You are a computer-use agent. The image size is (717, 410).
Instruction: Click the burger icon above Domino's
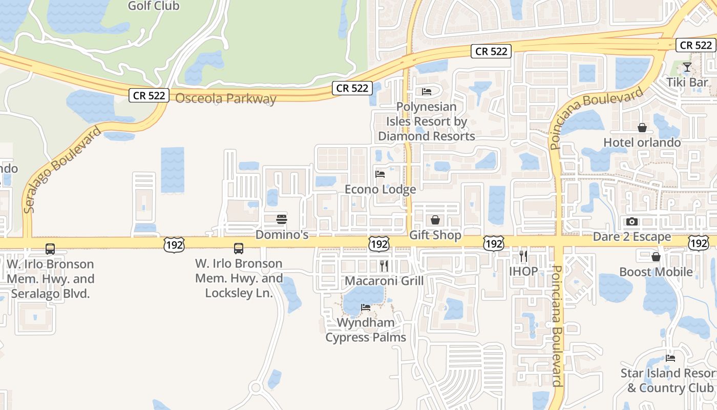[x=282, y=219]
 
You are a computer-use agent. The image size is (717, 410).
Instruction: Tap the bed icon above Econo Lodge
[x=380, y=174]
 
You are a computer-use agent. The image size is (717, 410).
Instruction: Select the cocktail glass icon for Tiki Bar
[x=687, y=67]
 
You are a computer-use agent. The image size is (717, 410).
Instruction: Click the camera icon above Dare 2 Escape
[x=632, y=221]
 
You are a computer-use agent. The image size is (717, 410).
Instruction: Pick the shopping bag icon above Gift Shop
[x=435, y=220]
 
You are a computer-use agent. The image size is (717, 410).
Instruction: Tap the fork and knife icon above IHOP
[x=523, y=256]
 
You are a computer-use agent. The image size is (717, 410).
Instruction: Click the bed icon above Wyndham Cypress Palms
[x=366, y=307]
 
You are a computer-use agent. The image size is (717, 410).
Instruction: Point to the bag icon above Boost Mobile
[x=656, y=257]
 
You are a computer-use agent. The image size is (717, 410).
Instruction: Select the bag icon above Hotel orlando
[x=642, y=128]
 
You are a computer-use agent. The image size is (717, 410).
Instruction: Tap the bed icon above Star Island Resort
[x=670, y=358]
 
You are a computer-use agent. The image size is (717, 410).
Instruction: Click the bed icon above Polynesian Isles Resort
[x=427, y=92]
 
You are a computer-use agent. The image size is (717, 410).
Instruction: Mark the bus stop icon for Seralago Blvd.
[x=50, y=249]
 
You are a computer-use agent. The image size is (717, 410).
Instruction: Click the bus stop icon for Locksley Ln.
[x=239, y=249]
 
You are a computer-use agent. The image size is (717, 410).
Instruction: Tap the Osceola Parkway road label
[x=226, y=99]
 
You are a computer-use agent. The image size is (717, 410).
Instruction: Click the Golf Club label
[x=154, y=6]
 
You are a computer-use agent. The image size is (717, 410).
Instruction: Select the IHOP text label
[x=523, y=271]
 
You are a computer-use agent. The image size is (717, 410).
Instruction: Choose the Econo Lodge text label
[x=380, y=190]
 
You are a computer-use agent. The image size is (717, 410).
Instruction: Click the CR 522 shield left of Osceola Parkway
[x=149, y=95]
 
